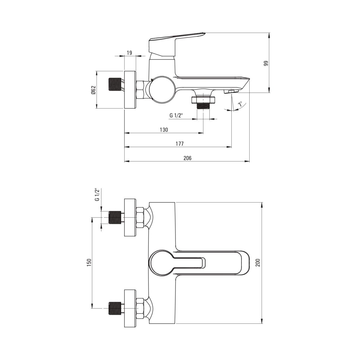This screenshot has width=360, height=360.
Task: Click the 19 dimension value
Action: point(129,53)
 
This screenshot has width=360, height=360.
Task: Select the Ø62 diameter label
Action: point(93,90)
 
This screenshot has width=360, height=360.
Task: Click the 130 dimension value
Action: point(164,130)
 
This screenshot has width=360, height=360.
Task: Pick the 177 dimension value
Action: point(179,144)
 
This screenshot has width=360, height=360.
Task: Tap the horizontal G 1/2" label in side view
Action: point(176,115)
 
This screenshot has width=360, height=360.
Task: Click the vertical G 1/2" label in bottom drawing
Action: point(97,195)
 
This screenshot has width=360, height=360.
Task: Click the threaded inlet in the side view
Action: point(114,84)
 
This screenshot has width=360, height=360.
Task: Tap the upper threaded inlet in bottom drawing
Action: point(114,217)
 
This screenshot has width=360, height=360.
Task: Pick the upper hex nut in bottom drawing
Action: point(140,218)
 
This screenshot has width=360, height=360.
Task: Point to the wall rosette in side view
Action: point(130,90)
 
